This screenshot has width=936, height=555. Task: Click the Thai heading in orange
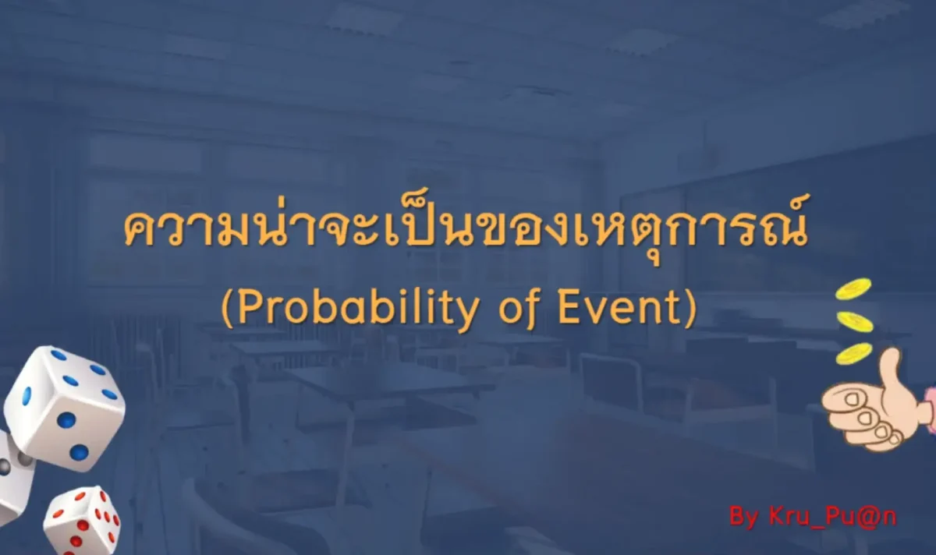coord(466,228)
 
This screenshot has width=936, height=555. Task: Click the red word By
coord(744,518)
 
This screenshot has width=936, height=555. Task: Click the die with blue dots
coord(65,407)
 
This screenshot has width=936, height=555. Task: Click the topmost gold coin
coord(853,289)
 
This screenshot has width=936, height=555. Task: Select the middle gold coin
coord(855,322)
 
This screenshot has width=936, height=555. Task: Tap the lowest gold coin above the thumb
coord(853,353)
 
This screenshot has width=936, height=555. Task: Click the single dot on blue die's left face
coord(27,395)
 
